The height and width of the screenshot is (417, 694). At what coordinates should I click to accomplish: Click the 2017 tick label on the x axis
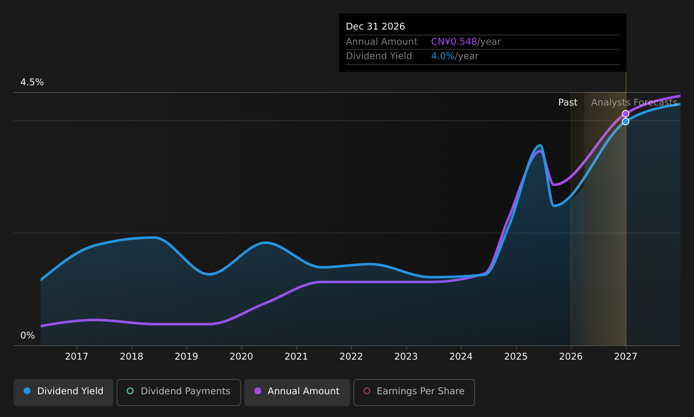pyautogui.click(x=77, y=357)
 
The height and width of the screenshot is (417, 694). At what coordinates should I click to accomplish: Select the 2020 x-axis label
pyautogui.click(x=241, y=357)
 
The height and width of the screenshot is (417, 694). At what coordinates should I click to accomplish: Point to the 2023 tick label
pyautogui.click(x=406, y=357)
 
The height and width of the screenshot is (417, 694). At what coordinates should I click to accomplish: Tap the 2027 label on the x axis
pyautogui.click(x=626, y=357)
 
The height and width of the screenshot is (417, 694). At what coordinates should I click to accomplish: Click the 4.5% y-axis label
pyautogui.click(x=32, y=82)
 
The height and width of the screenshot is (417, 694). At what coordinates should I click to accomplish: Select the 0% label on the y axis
pyautogui.click(x=27, y=336)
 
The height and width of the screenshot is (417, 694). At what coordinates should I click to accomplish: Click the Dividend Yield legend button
pyautogui.click(x=63, y=391)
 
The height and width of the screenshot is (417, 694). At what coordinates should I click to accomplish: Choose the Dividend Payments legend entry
pyautogui.click(x=179, y=391)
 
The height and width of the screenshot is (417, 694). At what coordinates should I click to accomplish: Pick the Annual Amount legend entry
pyautogui.click(x=297, y=391)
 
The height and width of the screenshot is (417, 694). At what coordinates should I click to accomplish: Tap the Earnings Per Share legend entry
pyautogui.click(x=414, y=391)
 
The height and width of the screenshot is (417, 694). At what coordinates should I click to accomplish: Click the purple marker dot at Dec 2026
pyautogui.click(x=626, y=114)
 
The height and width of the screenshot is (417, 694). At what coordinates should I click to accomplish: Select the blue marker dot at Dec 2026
pyautogui.click(x=626, y=122)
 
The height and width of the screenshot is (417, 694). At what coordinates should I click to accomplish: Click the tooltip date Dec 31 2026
pyautogui.click(x=375, y=27)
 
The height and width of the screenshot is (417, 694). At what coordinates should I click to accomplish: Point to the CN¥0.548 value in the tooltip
pyautogui.click(x=454, y=42)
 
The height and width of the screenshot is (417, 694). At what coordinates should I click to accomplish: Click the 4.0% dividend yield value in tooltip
pyautogui.click(x=443, y=56)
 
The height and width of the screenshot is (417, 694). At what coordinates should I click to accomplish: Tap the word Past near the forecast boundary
pyautogui.click(x=568, y=103)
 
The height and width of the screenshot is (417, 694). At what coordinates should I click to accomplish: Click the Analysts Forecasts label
pyautogui.click(x=634, y=103)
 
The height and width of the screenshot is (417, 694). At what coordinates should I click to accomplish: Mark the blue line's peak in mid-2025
pyautogui.click(x=540, y=145)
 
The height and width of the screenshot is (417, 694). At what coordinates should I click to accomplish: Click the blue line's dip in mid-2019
pyautogui.click(x=209, y=274)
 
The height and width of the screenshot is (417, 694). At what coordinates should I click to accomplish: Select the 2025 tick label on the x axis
pyautogui.click(x=516, y=357)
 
